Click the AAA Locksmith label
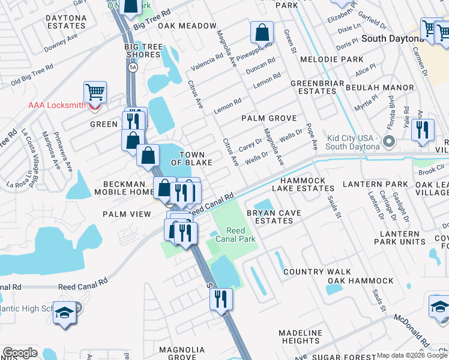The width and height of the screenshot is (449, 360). tap(57, 105)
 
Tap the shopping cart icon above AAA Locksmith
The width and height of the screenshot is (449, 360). tap(95, 92)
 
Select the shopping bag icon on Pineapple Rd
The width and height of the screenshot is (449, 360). tap(262, 32)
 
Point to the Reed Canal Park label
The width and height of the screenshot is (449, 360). tap(240, 235)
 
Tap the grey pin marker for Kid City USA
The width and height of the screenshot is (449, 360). tap(388, 142)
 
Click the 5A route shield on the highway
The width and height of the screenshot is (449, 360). tap(133, 68)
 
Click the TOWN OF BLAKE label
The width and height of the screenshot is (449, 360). tap(191, 159)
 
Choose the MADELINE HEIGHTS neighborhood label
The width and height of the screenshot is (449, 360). tap(301, 337)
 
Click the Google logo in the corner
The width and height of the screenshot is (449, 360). tap(20, 353)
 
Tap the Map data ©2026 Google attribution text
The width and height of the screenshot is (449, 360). tap(407, 355)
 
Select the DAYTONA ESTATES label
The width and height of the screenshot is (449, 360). tap(66, 22)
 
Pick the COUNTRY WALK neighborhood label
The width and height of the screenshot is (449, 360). tap(317, 272)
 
